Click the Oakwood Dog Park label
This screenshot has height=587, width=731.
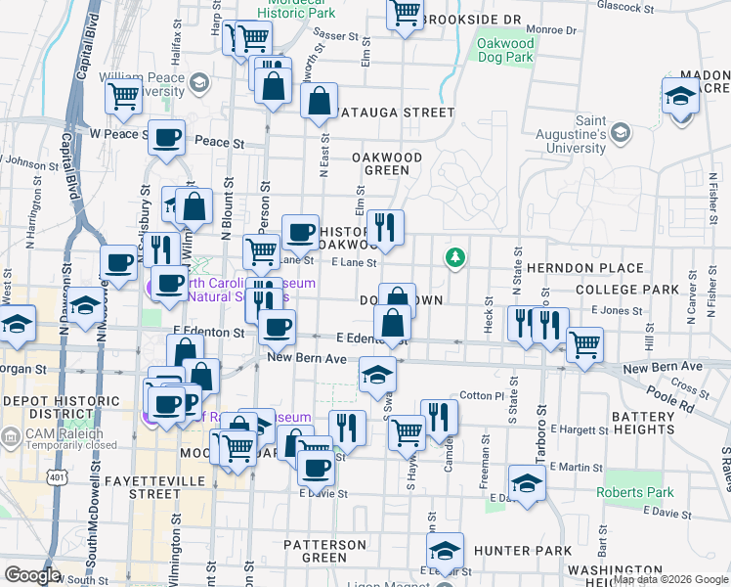click(x=506, y=51)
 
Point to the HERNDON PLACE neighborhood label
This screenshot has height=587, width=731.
click(x=585, y=268)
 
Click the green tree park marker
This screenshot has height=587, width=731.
click(x=454, y=258)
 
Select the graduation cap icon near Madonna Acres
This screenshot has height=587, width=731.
click(x=680, y=96)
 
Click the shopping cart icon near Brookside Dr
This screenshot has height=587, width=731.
click(x=404, y=14)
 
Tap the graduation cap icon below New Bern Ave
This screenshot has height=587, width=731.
click(x=377, y=374)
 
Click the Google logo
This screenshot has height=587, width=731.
click(x=32, y=575)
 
